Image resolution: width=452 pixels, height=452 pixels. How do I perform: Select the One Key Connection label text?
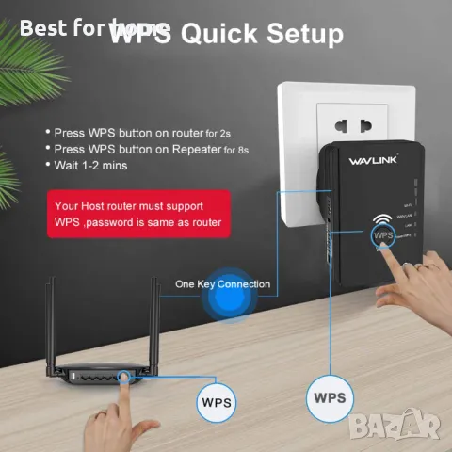click(x=222, y=283)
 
